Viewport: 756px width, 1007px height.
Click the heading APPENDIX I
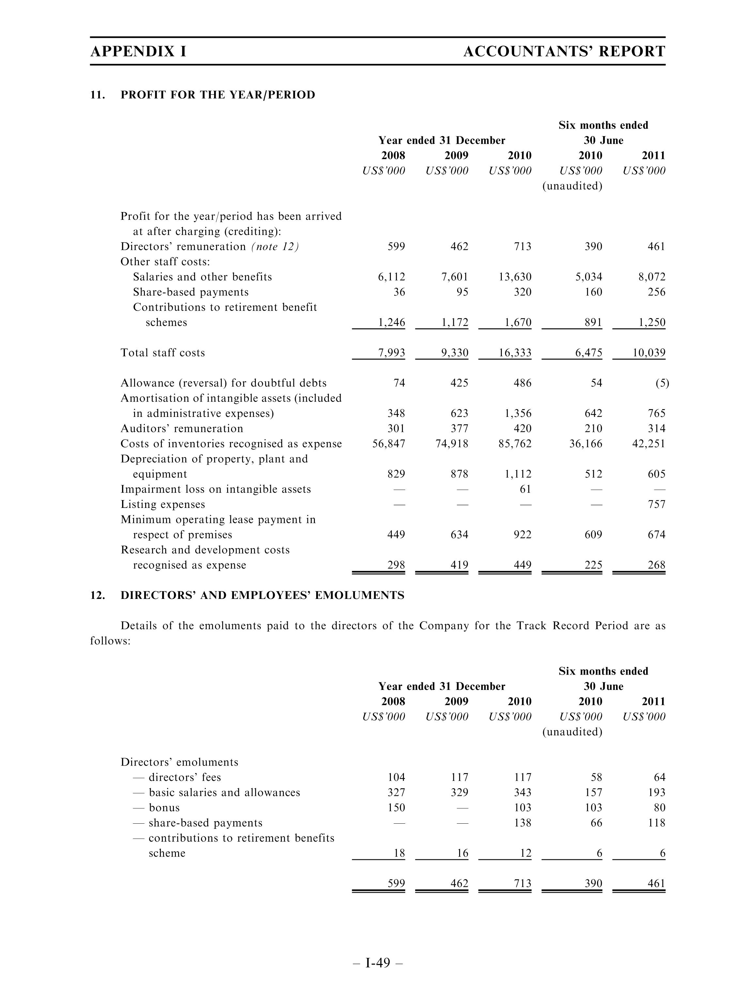tap(138, 52)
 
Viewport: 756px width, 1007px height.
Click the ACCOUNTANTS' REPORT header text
tap(564, 52)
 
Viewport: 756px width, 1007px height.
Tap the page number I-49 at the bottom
tap(378, 963)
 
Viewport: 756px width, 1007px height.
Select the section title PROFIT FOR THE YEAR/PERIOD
tap(218, 95)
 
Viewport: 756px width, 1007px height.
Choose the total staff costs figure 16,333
tap(515, 353)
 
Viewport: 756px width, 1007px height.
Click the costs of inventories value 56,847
tap(389, 444)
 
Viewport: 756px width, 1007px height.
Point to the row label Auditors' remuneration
tap(182, 429)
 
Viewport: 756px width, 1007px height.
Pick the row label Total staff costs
tap(162, 353)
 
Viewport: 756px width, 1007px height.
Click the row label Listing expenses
tap(162, 504)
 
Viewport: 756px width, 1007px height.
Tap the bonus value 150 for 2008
tap(396, 808)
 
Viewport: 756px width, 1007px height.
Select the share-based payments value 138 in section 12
tap(522, 823)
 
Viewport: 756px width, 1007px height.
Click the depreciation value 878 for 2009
tap(459, 474)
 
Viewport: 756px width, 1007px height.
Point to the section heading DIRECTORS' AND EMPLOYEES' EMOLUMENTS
tap(262, 595)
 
